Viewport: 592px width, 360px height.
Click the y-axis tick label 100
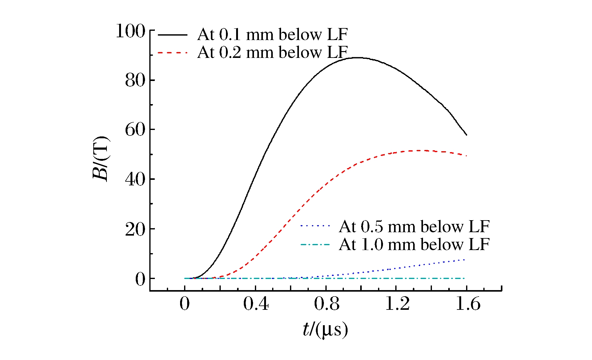coord(130,31)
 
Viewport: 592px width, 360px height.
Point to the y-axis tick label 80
coord(135,81)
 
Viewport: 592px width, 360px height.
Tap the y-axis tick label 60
coord(135,130)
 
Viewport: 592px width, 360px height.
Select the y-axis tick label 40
coord(135,180)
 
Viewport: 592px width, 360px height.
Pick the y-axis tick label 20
coord(135,229)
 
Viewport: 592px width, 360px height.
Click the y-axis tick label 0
coord(140,279)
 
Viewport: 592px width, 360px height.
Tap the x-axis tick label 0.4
coord(256,304)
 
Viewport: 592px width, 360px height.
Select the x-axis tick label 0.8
coord(326,304)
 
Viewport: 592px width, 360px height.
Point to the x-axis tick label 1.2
coord(397,304)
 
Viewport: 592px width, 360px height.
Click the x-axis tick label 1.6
coord(468,304)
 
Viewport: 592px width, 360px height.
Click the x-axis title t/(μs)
coord(325,330)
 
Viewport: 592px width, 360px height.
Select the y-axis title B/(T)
coord(101,158)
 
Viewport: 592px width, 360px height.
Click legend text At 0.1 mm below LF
coord(272,34)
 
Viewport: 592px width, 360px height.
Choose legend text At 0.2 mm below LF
coord(272,52)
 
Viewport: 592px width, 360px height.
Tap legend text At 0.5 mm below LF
coord(414,227)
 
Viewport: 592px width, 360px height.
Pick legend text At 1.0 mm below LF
coord(414,245)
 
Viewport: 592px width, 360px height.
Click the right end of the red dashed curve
coord(466,156)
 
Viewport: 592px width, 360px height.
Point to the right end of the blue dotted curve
coord(464,260)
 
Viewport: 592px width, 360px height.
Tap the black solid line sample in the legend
coord(172,35)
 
